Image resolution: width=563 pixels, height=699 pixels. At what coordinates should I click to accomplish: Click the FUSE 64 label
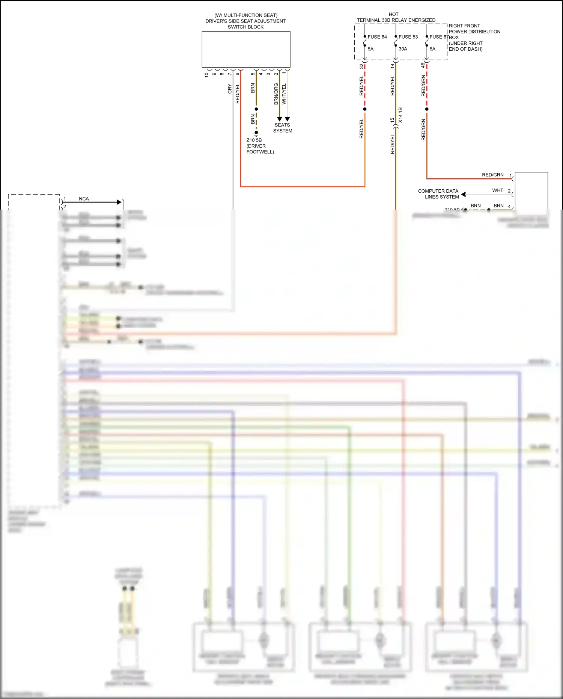click(x=377, y=37)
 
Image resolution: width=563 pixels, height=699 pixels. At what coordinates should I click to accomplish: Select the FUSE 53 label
click(x=408, y=37)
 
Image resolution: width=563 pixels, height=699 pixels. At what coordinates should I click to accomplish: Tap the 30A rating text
click(x=403, y=49)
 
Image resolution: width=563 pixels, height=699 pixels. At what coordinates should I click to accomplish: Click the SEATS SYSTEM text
click(x=283, y=128)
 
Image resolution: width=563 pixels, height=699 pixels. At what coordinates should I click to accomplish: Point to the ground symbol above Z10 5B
click(x=256, y=133)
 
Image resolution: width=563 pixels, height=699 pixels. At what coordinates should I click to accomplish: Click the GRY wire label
click(x=230, y=89)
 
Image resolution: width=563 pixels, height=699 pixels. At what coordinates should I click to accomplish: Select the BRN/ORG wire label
click(x=276, y=94)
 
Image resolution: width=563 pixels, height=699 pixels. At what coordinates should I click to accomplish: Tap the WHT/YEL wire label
click(x=284, y=94)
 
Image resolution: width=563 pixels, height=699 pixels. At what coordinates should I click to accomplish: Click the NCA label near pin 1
click(x=84, y=199)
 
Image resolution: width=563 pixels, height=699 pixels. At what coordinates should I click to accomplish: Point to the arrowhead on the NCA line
click(x=119, y=202)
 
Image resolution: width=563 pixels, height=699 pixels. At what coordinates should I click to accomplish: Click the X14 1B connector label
click(x=400, y=115)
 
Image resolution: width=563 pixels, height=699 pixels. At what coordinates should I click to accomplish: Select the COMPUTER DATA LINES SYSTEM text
click(x=438, y=194)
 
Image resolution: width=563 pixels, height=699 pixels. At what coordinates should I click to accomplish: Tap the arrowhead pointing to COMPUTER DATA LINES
click(x=464, y=194)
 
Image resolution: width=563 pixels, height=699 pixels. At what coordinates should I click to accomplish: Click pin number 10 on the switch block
click(x=206, y=75)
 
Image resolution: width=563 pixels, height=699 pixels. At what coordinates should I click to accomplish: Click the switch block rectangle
click(x=246, y=49)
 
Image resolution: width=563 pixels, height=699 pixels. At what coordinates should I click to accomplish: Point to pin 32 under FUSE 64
click(x=361, y=66)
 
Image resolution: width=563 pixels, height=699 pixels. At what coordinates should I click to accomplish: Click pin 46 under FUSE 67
click(x=423, y=65)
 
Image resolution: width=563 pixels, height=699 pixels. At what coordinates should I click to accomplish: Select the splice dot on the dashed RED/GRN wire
click(x=427, y=109)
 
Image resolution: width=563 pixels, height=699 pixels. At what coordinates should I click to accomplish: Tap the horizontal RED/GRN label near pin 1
click(x=492, y=175)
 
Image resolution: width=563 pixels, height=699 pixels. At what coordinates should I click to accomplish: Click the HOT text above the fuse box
click(x=393, y=14)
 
